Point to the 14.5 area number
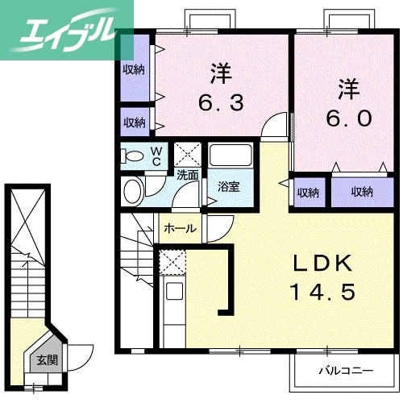click(322, 291)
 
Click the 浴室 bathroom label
click(228, 187)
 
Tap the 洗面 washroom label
click(188, 174)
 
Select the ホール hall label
click(180, 228)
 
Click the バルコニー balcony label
click(343, 372)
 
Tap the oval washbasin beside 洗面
click(133, 192)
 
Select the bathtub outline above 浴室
click(231, 156)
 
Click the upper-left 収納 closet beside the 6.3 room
click(134, 69)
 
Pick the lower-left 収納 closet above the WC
click(134, 123)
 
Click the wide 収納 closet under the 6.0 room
click(362, 192)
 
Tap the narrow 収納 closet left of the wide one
click(307, 192)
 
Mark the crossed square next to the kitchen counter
click(172, 262)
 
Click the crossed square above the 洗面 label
click(188, 153)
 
